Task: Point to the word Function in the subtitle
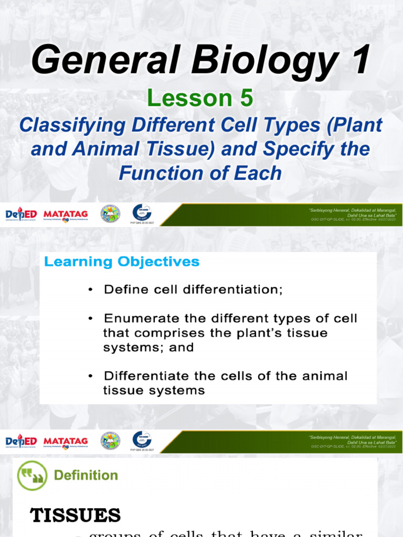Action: coord(162,173)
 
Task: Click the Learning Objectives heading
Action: coord(122,262)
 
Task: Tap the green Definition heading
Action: coord(86,475)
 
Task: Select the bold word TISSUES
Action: coord(76,515)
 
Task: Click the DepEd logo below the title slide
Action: coord(20,215)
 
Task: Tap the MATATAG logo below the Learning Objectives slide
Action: coord(66,442)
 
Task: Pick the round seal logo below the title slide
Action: coord(110,214)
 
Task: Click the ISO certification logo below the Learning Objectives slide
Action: coord(142,441)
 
